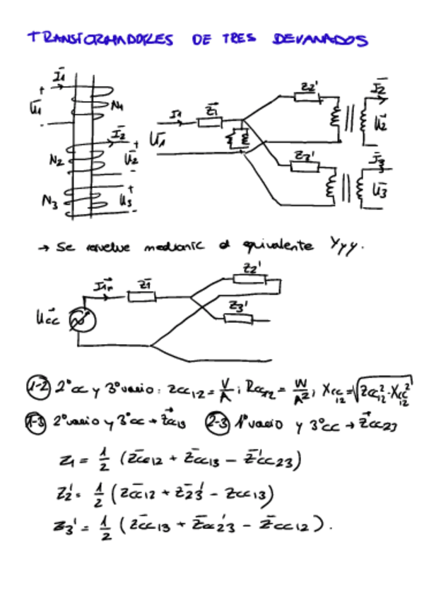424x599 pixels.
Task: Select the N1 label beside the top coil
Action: click(x=117, y=106)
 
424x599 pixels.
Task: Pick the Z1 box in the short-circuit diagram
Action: click(x=141, y=296)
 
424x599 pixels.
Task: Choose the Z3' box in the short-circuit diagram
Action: click(x=238, y=318)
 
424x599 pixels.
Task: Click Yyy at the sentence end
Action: click(x=347, y=247)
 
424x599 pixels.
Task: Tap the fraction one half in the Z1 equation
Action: click(x=103, y=461)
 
